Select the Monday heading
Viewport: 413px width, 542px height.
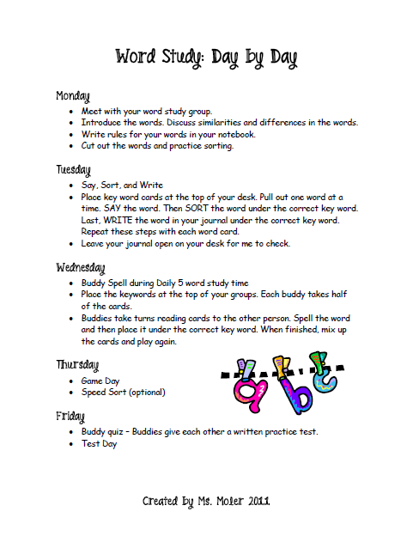[x=73, y=95]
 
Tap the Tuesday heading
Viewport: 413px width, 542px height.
[x=73, y=169]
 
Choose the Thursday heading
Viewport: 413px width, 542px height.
[x=76, y=364]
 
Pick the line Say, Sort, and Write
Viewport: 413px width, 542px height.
[x=122, y=185]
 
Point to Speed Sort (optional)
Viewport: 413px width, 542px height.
[x=123, y=392]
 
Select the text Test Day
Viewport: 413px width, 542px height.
[x=99, y=443]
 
